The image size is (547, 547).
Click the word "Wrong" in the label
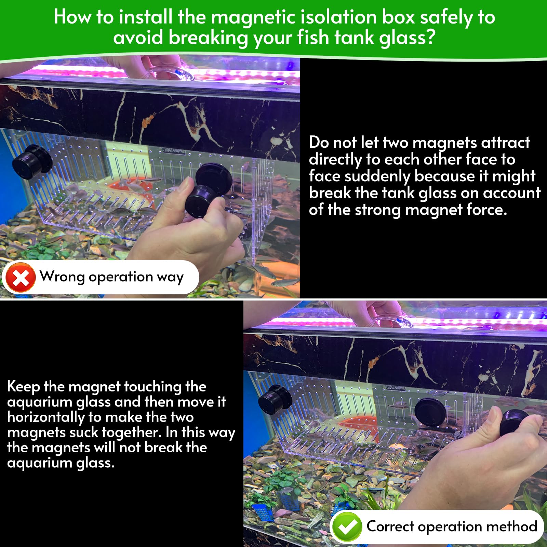(x=62, y=276)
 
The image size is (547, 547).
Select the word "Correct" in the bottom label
(x=390, y=526)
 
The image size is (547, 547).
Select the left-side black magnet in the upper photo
(x=32, y=161)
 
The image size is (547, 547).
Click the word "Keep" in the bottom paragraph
(x=23, y=387)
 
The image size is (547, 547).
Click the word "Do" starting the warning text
(x=319, y=142)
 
